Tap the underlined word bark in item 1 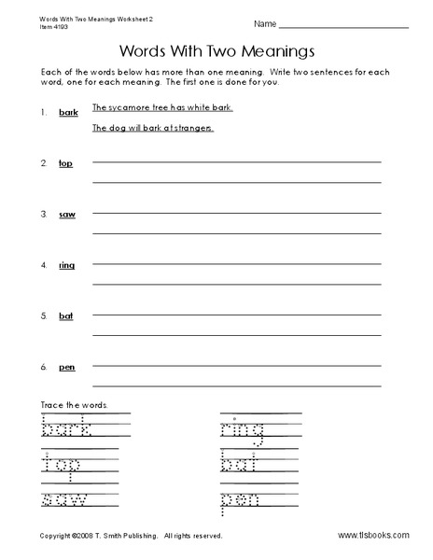point(68,113)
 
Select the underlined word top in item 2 point(65,163)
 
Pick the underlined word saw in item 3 point(67,215)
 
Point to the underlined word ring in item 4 point(66,265)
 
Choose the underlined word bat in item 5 point(65,315)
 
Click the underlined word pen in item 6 point(67,367)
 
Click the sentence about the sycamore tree point(162,108)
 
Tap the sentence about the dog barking point(152,128)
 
